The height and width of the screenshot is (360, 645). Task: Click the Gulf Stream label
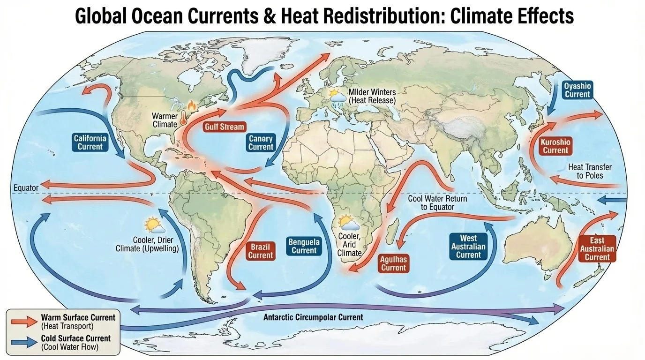pyautogui.click(x=225, y=127)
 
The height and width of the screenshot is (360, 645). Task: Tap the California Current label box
pyautogui.click(x=90, y=142)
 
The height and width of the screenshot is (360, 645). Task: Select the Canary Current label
pyautogui.click(x=261, y=142)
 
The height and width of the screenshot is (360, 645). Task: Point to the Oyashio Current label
pyautogui.click(x=577, y=90)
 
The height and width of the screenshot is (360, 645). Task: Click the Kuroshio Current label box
pyautogui.click(x=555, y=146)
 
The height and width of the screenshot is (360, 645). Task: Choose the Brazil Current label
pyautogui.click(x=260, y=251)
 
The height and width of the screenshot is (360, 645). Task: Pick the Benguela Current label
pyautogui.click(x=304, y=246)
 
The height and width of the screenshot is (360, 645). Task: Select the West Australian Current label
pyautogui.click(x=468, y=247)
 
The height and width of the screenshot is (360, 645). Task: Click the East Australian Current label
pyautogui.click(x=597, y=249)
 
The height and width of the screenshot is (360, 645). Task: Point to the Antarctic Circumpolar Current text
pyautogui.click(x=313, y=317)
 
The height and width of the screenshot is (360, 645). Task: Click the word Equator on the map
pyautogui.click(x=26, y=188)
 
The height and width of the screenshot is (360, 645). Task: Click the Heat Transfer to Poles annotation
pyautogui.click(x=589, y=171)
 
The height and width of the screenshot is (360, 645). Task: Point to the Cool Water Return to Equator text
pyautogui.click(x=437, y=203)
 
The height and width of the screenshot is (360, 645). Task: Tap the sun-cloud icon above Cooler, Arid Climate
pyautogui.click(x=349, y=223)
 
